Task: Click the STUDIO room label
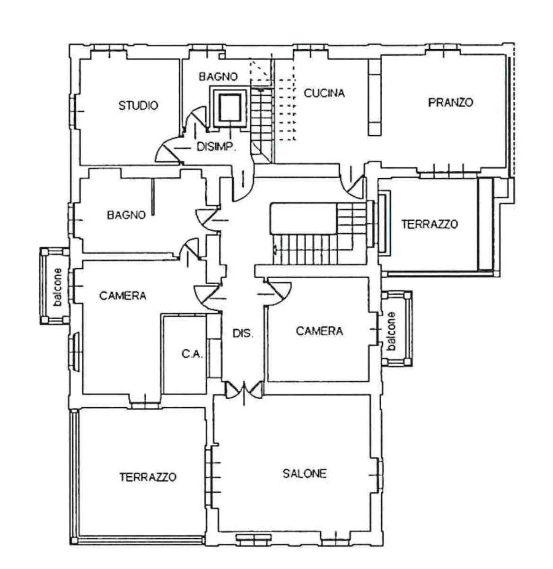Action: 138,105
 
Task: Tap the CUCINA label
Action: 324,93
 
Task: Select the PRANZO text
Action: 450,102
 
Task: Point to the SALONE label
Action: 305,473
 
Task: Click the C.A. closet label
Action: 192,354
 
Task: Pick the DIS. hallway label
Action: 243,333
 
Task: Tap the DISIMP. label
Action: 216,147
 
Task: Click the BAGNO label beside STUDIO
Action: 218,77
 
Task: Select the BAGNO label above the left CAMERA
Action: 126,215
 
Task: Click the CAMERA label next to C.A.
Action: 123,296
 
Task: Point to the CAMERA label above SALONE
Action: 319,331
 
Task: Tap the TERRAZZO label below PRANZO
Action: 430,224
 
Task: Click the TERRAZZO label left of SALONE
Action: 148,477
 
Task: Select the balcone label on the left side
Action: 58,287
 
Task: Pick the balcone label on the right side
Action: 391,331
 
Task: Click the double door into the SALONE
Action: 244,390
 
